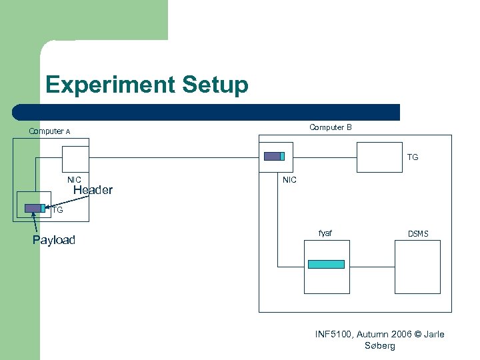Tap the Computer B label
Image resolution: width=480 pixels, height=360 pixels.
point(330,127)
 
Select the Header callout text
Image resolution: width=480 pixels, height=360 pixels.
point(93,191)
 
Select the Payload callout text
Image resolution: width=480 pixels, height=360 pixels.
point(54,240)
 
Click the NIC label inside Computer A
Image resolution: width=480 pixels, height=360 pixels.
point(74,179)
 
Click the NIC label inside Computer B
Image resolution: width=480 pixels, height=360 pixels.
point(289,179)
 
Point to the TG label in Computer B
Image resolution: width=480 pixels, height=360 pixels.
point(413,157)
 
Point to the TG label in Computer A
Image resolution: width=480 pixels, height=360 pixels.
point(57,209)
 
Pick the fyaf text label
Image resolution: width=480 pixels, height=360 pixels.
point(325,233)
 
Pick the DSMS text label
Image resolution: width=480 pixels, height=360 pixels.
point(418,233)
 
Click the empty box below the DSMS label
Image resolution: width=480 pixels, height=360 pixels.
point(417,267)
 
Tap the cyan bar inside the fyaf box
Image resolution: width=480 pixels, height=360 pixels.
point(326,265)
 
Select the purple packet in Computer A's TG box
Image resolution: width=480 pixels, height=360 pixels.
point(33,208)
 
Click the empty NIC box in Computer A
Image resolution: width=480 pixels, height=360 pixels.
point(75,159)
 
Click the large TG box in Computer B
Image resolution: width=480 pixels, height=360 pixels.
point(381,157)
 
